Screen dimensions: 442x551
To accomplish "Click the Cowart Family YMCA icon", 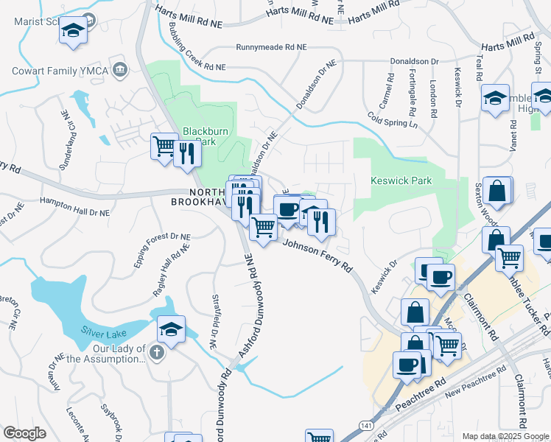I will (x=120, y=71).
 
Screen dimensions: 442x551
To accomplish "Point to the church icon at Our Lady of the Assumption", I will (x=155, y=353).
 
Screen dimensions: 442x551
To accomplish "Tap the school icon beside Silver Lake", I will (x=171, y=328).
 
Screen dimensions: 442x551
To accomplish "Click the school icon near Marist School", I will (x=72, y=31).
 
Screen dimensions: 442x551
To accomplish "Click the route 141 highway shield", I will (x=365, y=426).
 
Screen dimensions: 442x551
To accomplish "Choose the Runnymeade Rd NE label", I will (x=270, y=47).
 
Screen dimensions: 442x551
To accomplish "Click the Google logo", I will (x=24, y=433).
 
